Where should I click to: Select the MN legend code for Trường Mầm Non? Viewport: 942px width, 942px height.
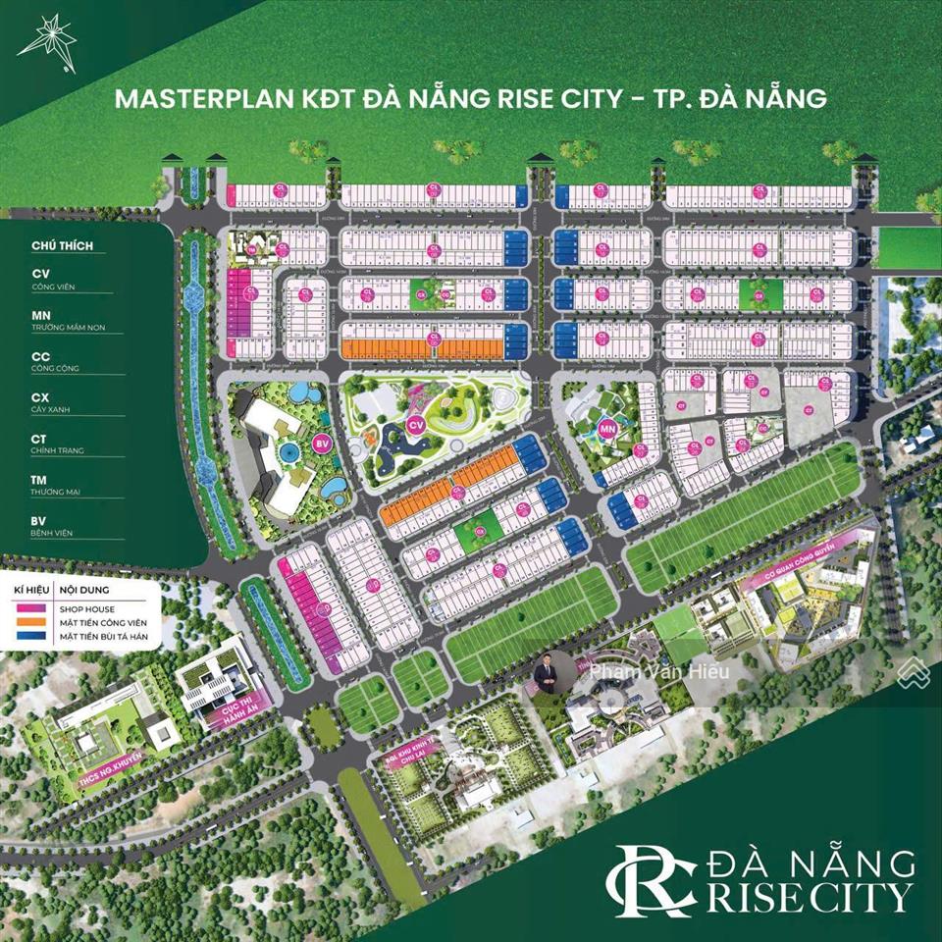42,314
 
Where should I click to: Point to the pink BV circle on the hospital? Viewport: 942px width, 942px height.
320,445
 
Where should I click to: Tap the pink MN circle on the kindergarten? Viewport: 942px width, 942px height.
607,428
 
